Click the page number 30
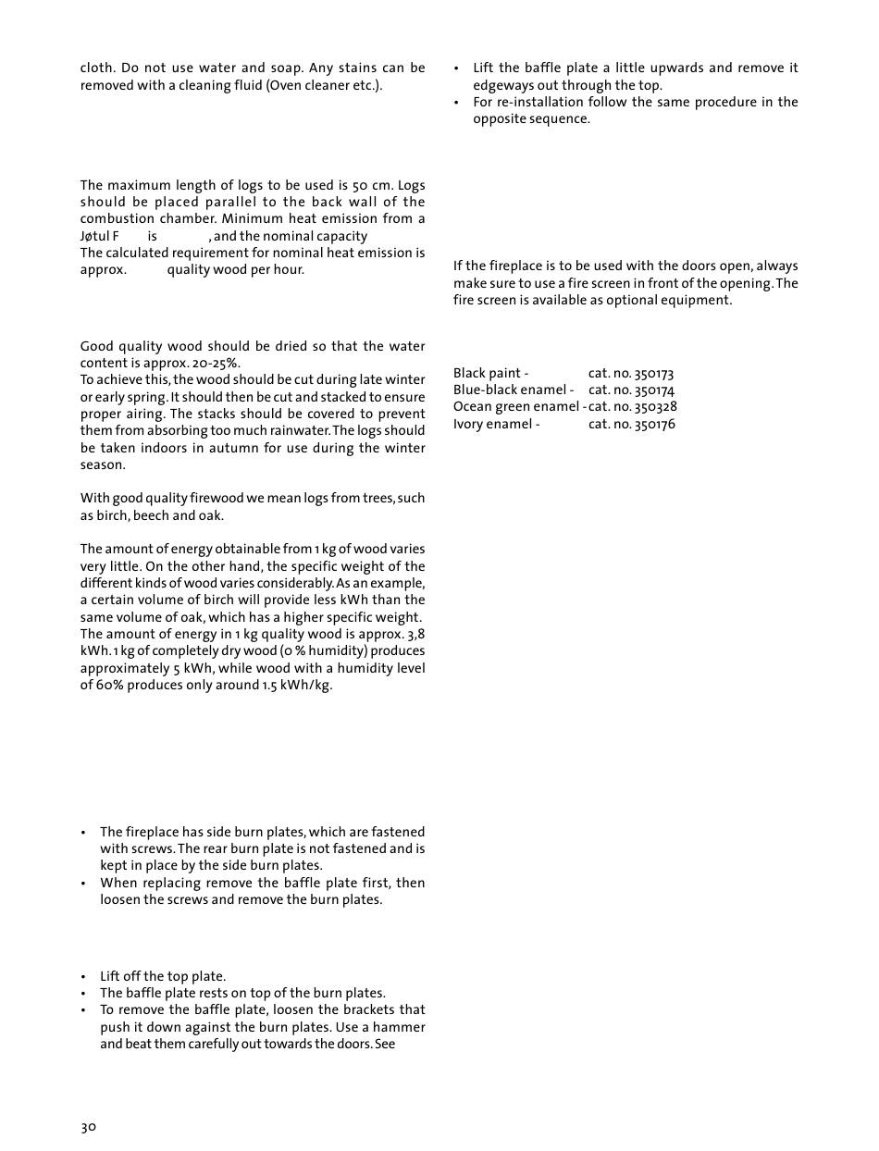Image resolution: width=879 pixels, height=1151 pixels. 88,1127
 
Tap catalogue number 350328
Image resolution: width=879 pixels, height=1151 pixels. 655,407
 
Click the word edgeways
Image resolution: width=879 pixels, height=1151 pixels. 502,85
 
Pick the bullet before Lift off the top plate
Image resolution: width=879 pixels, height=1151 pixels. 83,977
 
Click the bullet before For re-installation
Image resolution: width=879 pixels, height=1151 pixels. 456,103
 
